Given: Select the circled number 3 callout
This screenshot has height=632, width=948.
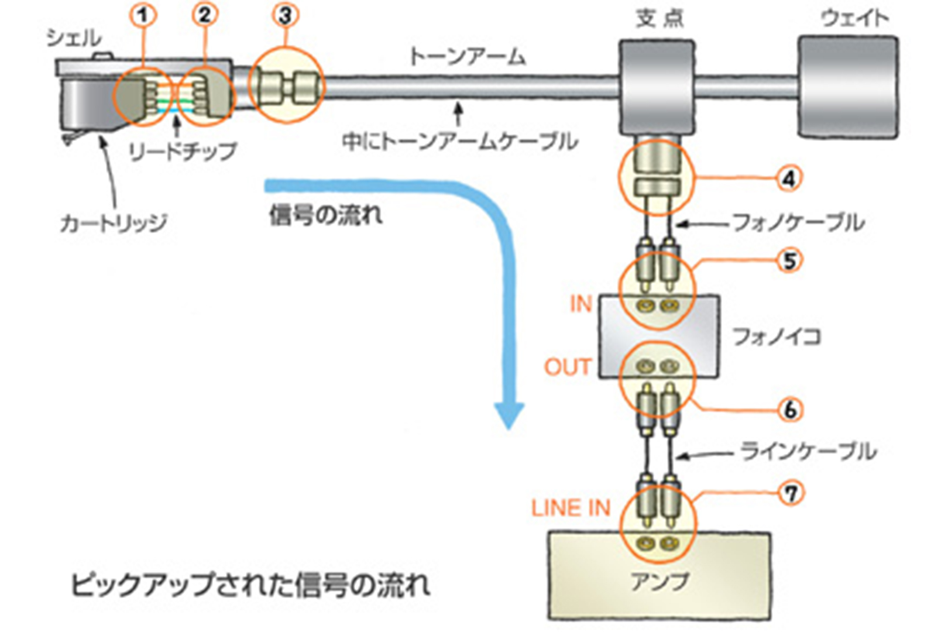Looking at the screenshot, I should coord(285,15).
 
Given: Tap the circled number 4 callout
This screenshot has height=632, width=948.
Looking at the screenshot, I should coord(788,178).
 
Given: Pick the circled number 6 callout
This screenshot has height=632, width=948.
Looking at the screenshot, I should coord(790,410).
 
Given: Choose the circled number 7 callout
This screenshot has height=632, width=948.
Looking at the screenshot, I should coord(791,493).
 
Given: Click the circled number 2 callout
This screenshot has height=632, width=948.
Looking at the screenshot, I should coord(204,15).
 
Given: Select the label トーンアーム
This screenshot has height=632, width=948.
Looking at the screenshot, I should coord(467,57).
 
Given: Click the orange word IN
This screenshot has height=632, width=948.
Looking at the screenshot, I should coord(581,304).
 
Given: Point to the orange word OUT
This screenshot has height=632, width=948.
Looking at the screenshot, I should coord(567,367).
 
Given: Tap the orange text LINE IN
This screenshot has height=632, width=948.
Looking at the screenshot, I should coord(571,507).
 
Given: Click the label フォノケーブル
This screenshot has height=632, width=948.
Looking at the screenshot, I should coord(798,222).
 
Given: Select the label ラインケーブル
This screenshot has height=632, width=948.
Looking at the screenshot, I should coord(808,451).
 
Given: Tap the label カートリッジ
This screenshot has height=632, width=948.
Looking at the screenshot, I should coord(114,223).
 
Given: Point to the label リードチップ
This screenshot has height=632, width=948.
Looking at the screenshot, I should coord(183,152).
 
